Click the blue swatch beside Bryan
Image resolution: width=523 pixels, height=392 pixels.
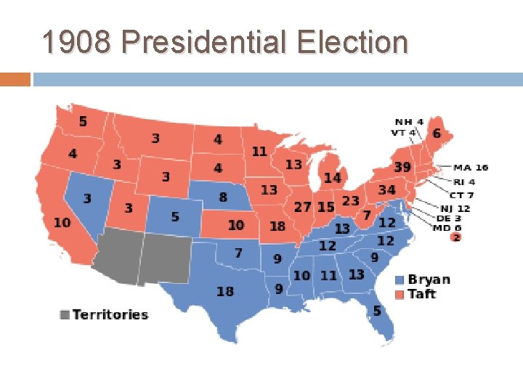[400, 280]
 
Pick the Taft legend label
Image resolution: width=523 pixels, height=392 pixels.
[422, 293]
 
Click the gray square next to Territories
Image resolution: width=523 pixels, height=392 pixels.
[65, 314]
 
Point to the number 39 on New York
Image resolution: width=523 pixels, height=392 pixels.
[402, 167]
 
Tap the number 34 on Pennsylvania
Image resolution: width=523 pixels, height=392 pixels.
[386, 190]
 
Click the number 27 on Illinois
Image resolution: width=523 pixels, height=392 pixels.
[302, 207]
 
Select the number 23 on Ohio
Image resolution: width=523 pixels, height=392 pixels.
[350, 200]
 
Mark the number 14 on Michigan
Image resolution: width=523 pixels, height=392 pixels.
[332, 178]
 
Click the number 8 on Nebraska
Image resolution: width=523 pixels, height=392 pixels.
[223, 197]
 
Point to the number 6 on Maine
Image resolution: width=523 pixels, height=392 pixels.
[436, 134]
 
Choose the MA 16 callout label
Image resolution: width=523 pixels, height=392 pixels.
[471, 168]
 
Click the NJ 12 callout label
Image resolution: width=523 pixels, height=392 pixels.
[456, 208]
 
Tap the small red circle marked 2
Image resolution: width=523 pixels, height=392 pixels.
[455, 237]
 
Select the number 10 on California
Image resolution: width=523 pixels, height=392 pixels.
[62, 222]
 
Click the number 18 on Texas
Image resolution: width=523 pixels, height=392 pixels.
[225, 291]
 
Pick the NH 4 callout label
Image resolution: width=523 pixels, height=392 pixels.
[409, 121]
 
